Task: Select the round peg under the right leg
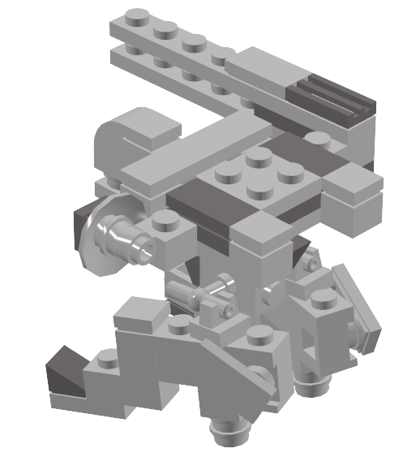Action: [x=312, y=378]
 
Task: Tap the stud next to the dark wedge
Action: [x=105, y=357]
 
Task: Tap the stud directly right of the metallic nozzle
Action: [x=166, y=221]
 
